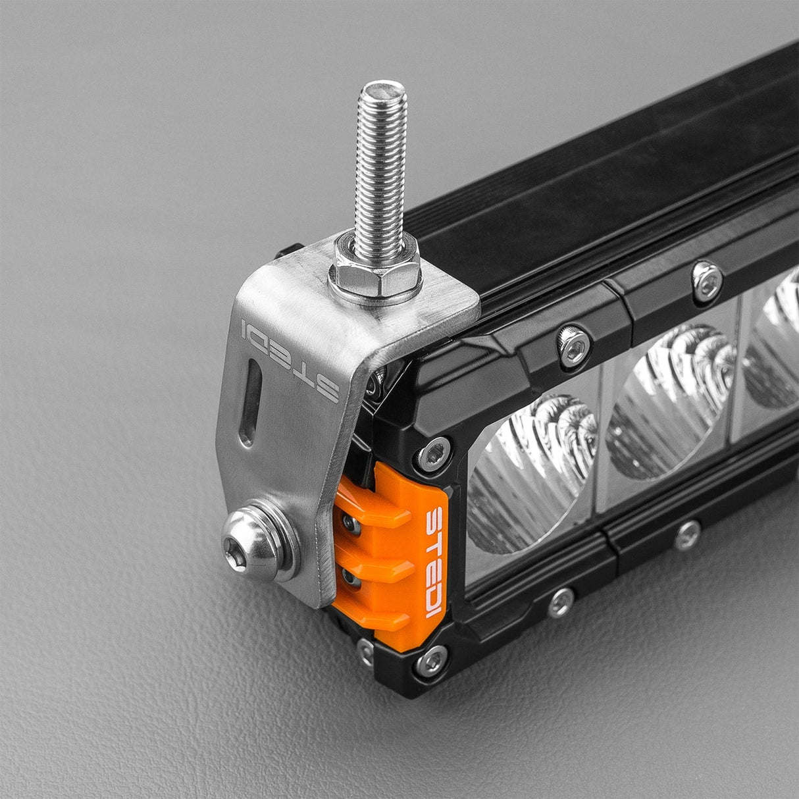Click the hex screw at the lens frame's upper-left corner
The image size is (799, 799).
435,453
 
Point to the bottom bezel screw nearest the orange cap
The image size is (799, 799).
561,601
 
